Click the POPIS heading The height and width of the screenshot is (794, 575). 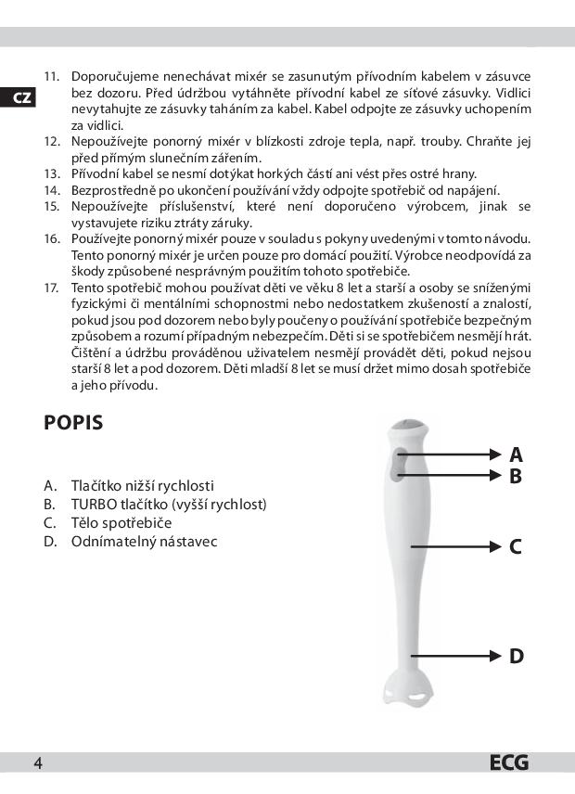tap(73, 424)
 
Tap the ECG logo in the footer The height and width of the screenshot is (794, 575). tap(509, 763)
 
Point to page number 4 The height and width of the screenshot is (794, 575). tap(38, 763)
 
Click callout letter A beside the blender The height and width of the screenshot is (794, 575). tap(517, 455)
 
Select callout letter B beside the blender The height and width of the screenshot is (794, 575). tap(517, 477)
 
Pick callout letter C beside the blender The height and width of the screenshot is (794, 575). tap(517, 546)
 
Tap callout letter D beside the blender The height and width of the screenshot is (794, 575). tap(517, 657)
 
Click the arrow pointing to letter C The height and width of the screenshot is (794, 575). tap(454, 546)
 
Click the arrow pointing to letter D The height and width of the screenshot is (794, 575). tap(454, 657)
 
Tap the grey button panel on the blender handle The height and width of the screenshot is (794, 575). tap(400, 463)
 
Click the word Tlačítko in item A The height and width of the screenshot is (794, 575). tap(96, 485)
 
